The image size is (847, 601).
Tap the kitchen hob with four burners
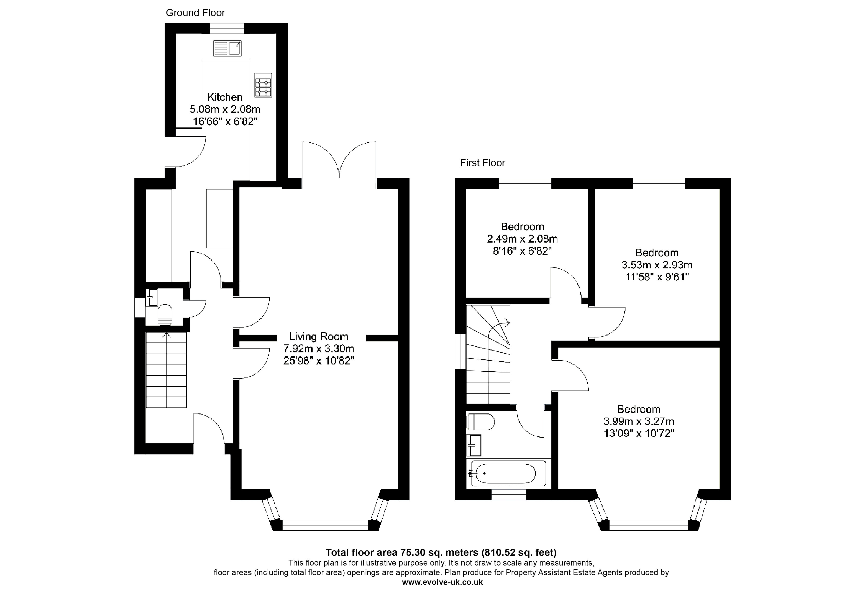(x=263, y=85)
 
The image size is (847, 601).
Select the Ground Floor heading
(x=195, y=13)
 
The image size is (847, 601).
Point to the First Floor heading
(x=483, y=163)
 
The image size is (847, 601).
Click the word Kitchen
(x=225, y=97)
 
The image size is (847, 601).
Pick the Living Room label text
(x=319, y=337)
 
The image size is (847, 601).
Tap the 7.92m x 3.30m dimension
(x=319, y=349)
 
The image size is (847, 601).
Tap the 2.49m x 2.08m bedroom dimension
(x=522, y=239)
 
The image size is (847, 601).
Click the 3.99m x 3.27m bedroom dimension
(x=639, y=421)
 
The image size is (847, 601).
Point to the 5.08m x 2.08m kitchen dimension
(x=225, y=109)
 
